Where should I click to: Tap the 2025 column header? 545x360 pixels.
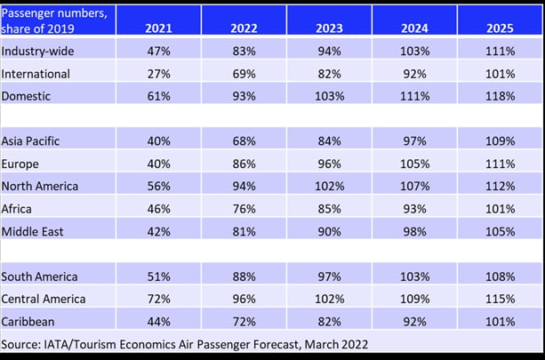pos(501,28)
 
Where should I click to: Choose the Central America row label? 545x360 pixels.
pos(43,299)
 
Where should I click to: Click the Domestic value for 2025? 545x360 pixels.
pos(501,95)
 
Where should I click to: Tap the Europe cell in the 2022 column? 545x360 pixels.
pos(244,163)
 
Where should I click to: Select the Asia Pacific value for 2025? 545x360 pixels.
pos(501,140)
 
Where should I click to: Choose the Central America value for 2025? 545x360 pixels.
pos(501,299)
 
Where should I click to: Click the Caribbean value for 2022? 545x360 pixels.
pos(244,321)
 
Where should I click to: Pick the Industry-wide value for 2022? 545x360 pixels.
pos(244,52)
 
